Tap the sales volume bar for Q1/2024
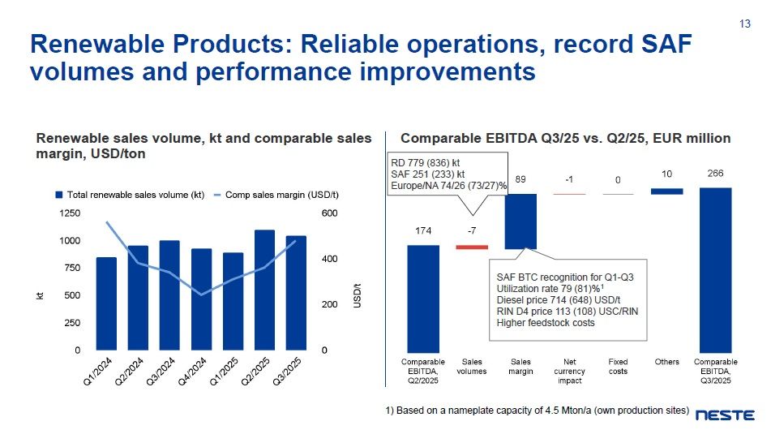click(106, 303)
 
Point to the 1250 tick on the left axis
click(71, 213)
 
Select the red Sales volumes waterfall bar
click(472, 247)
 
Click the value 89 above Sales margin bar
click(520, 178)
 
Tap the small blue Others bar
click(666, 191)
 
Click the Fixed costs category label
click(618, 367)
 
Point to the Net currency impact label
click(569, 371)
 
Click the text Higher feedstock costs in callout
click(546, 323)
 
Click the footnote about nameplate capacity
click(538, 410)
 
